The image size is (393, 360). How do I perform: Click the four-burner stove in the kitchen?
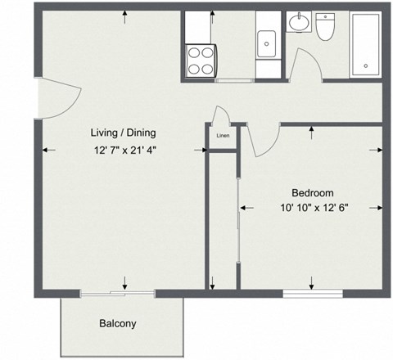click(201, 60)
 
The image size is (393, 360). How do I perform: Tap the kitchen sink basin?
click(268, 43)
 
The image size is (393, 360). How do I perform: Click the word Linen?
click(222, 136)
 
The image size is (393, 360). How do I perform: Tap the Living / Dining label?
click(123, 133)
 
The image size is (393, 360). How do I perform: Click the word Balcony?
click(117, 323)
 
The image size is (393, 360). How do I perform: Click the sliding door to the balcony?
click(117, 293)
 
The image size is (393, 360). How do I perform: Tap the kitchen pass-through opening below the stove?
click(233, 80)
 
